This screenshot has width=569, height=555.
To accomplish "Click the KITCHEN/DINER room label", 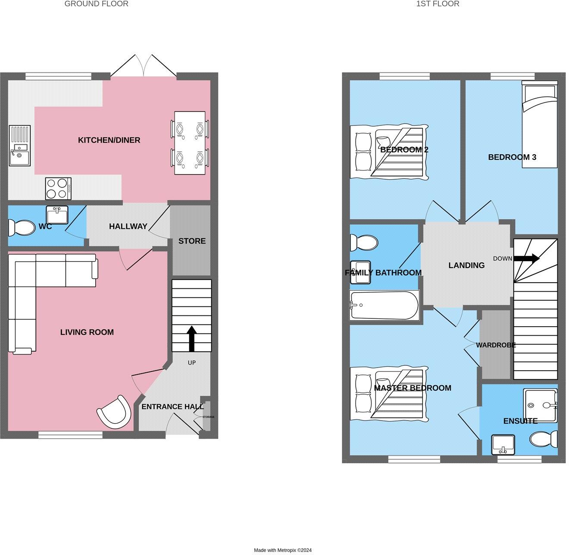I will [109, 140].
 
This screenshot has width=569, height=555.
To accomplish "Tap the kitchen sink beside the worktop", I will [20, 146].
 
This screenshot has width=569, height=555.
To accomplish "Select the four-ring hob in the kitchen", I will [58, 188].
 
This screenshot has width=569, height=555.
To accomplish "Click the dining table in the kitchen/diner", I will [190, 143].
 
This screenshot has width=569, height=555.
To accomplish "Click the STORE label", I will [192, 241].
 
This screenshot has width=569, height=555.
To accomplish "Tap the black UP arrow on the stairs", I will [191, 339].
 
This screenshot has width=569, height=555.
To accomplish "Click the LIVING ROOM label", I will [87, 332].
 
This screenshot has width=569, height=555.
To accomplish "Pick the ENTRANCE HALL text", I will [172, 406].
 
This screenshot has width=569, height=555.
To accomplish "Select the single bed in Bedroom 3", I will [539, 125].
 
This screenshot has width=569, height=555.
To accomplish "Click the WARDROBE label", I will [496, 345].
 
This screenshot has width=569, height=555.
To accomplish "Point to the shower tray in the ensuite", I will [540, 405].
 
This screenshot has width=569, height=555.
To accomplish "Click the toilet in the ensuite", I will [543, 440].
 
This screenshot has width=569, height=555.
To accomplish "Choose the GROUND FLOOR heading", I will [96, 4].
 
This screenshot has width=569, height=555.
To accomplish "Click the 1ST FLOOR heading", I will [438, 4].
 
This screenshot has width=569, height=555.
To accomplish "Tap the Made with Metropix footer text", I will [282, 550].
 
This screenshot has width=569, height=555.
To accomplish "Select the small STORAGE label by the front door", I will [208, 417].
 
